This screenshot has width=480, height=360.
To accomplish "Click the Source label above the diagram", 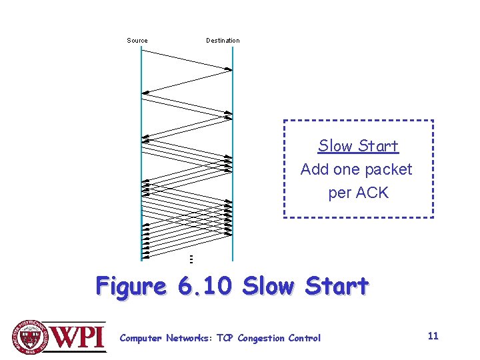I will pos(137,41).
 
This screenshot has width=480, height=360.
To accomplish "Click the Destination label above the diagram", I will pos(223,41).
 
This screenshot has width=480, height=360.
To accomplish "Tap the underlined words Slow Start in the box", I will pos(358,146).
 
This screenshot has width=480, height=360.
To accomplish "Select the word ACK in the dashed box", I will pos(372,193).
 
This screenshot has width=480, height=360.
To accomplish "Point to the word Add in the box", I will pos(315,169).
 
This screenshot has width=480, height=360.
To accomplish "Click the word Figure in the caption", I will pos(131,286).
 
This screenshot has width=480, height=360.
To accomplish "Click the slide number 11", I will pos(433,336).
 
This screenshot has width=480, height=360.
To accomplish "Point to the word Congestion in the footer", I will pos(262,338).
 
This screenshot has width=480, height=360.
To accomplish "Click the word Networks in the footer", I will pos(187,338).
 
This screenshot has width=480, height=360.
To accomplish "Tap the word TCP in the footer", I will pos(225,338).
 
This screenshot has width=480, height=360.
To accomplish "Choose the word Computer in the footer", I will pos(140,338).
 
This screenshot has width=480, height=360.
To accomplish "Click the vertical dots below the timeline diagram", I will pos(191,259).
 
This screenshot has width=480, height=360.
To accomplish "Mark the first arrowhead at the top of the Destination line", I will pos(229,68).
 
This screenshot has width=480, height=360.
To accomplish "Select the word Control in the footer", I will pos(305,338).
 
